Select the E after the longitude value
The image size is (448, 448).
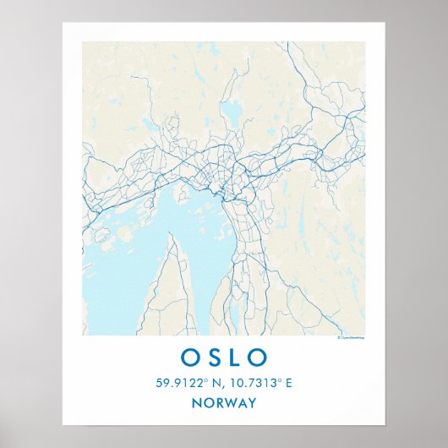[x=288, y=383]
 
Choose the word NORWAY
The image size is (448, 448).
[x=224, y=402]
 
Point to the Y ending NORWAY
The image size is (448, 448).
[x=251, y=402]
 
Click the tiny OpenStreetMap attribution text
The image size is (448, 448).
[x=350, y=337]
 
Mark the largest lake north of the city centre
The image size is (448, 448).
[x=229, y=111]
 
